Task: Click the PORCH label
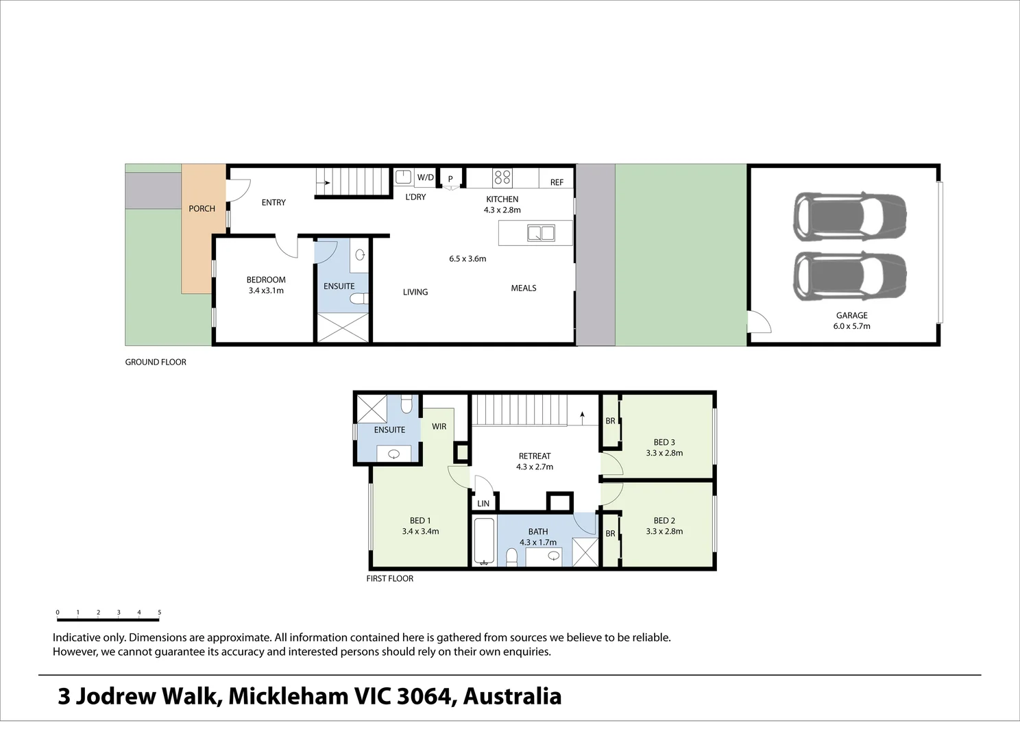click(202, 208)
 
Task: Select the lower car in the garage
click(850, 275)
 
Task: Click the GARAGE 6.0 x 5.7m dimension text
click(851, 326)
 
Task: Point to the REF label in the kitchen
click(557, 182)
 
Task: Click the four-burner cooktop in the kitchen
click(502, 177)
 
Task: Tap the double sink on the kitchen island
click(541, 233)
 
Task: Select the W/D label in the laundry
click(425, 177)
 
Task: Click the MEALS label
click(523, 288)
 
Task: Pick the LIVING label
click(415, 292)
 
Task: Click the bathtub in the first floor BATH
click(484, 541)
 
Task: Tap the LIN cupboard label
click(483, 504)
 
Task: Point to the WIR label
click(439, 426)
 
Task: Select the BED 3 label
click(664, 442)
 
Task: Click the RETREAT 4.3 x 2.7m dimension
click(535, 467)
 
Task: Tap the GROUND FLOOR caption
click(156, 362)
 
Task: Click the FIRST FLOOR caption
click(389, 578)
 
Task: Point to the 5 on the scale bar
click(159, 613)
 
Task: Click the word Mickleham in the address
click(288, 696)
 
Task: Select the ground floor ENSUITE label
click(339, 286)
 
